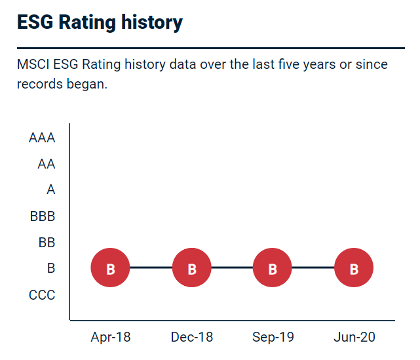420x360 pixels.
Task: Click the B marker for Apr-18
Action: tap(111, 268)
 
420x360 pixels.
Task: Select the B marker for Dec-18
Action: tap(192, 268)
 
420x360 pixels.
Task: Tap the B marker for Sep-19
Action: tap(273, 268)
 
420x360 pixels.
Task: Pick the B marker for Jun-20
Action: tap(354, 268)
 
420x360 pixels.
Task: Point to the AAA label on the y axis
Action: tap(42, 138)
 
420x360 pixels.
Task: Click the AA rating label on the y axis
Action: tap(46, 164)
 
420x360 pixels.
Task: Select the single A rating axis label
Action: tap(50, 190)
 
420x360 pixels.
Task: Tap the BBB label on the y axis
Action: tap(43, 216)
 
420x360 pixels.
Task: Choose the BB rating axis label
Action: tap(47, 243)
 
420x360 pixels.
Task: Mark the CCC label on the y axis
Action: tap(42, 295)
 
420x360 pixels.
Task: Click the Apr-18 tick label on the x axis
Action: tap(111, 337)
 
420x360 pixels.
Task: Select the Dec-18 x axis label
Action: tap(192, 337)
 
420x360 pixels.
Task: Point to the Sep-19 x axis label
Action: tap(273, 337)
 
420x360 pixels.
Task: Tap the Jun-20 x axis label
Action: tap(354, 337)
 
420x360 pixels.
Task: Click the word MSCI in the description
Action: tap(33, 65)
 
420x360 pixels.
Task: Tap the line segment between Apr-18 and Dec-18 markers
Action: tap(151, 268)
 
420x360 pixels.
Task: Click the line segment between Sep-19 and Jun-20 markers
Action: tap(313, 268)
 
